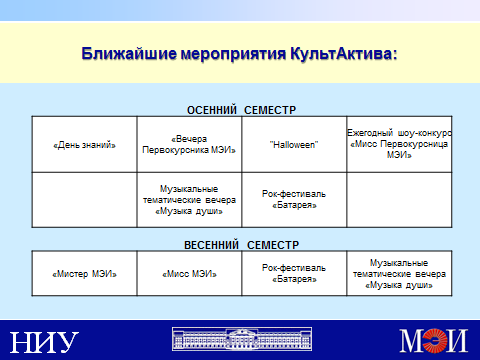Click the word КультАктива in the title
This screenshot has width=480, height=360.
(x=344, y=54)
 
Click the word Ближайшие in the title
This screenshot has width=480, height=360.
(x=129, y=54)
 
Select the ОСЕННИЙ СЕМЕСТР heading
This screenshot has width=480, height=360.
(x=241, y=110)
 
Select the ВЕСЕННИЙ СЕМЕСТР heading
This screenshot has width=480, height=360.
(x=241, y=245)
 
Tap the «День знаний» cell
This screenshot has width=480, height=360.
(x=84, y=144)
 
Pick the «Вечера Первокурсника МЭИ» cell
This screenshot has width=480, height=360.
(x=189, y=144)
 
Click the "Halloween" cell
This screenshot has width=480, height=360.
(x=294, y=144)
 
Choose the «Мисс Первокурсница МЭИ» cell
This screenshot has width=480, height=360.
(x=399, y=144)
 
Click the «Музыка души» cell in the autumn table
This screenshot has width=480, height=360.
(x=189, y=200)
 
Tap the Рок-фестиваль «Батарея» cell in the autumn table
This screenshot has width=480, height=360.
(x=294, y=200)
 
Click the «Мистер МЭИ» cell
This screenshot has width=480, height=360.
(x=84, y=273)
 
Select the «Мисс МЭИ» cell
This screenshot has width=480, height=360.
(x=189, y=273)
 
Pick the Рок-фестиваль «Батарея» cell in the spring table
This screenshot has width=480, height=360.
(x=294, y=273)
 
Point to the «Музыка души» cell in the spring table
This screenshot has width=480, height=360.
(x=399, y=273)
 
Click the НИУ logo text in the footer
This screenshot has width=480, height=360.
(x=44, y=342)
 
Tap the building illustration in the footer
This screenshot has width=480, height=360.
(x=242, y=339)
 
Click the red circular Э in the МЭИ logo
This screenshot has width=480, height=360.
(x=435, y=340)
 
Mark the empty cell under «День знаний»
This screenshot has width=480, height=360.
(x=84, y=200)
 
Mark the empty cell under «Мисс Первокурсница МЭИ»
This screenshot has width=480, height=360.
(x=399, y=200)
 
